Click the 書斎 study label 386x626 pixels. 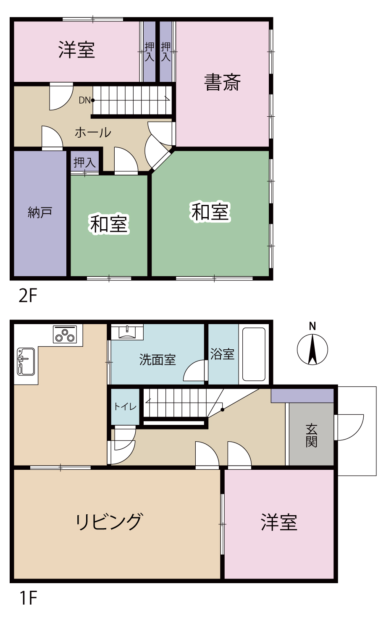[x=222, y=82]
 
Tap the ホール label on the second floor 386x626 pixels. [x=93, y=132]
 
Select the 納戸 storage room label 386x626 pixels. [x=40, y=212]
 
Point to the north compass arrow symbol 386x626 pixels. [x=312, y=350]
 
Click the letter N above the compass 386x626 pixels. [x=312, y=326]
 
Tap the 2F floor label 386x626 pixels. [x=28, y=296]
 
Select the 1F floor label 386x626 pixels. [x=28, y=598]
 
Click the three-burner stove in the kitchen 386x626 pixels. [x=65, y=334]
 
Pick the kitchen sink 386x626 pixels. [x=26, y=361]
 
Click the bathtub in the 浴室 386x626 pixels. [x=254, y=354]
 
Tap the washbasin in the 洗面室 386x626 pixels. [x=127, y=332]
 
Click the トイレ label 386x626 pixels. [x=125, y=406]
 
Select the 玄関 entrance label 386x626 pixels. [x=311, y=435]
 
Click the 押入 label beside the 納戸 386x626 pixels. [x=84, y=162]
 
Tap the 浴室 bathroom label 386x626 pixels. [x=222, y=354]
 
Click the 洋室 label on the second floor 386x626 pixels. [x=76, y=50]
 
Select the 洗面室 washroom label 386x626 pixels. [x=158, y=360]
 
